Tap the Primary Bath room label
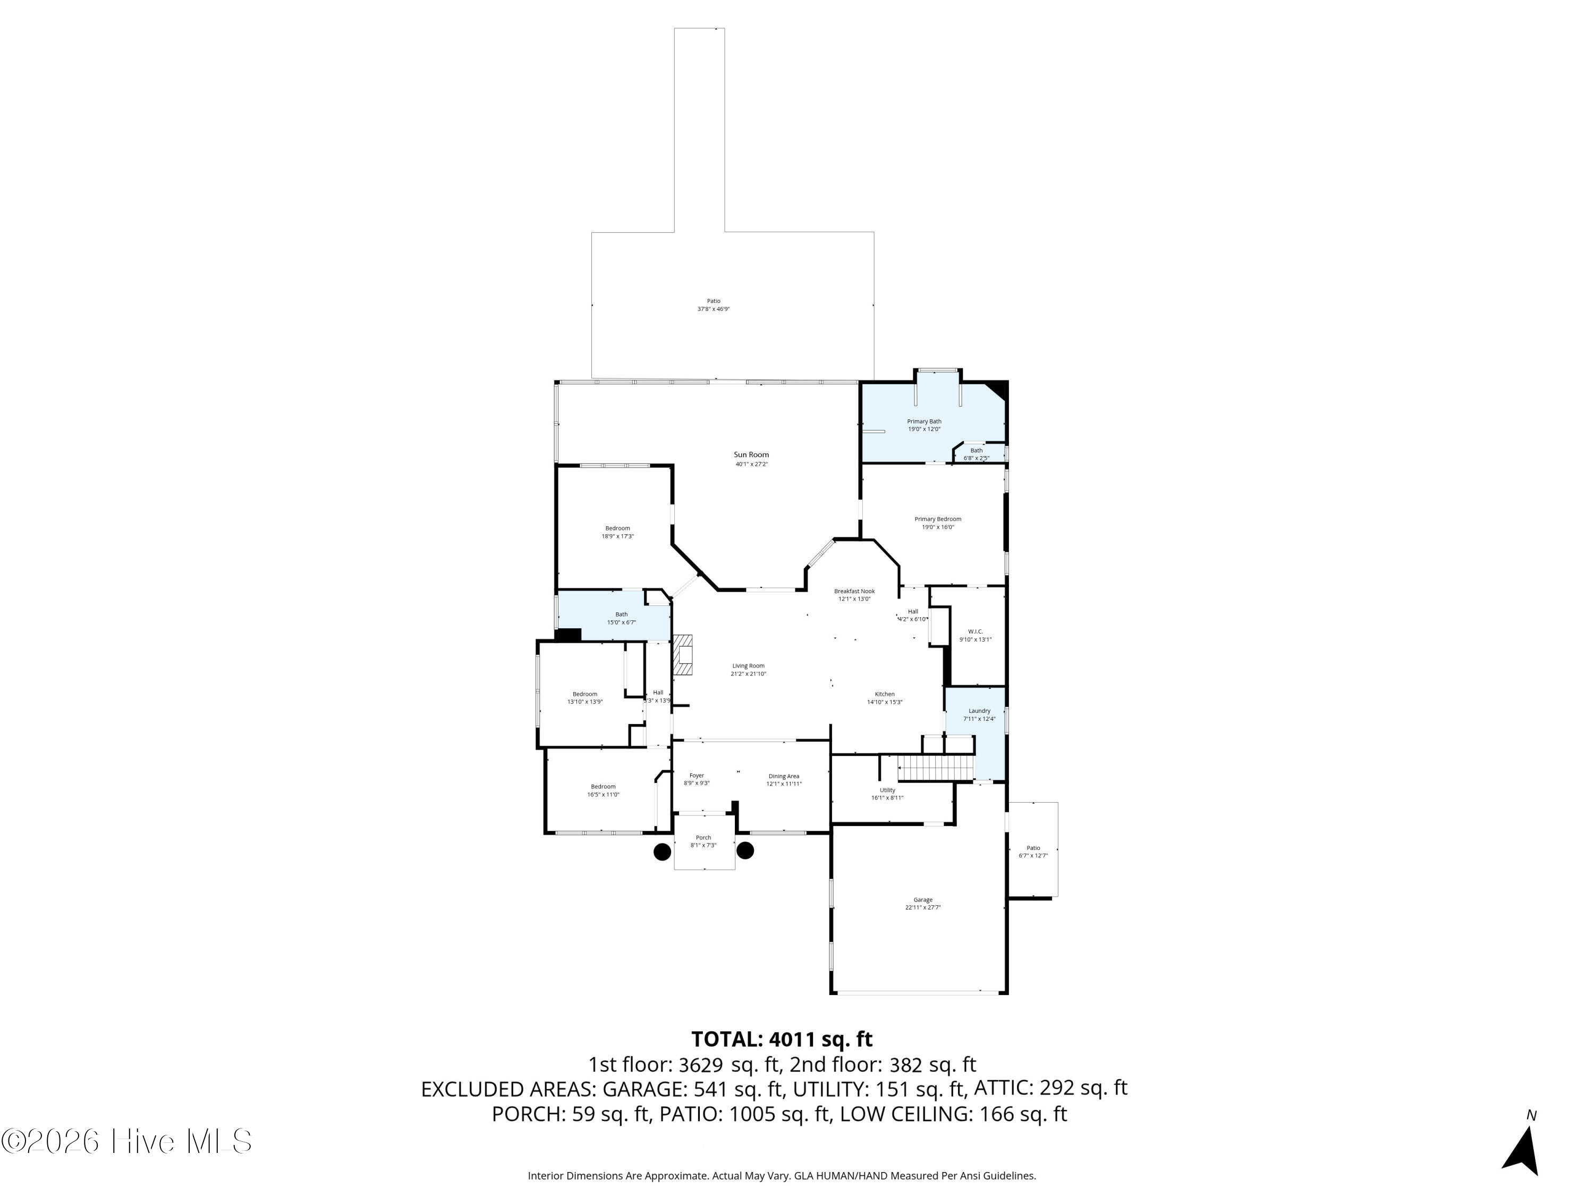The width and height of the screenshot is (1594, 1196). pyautogui.click(x=924, y=422)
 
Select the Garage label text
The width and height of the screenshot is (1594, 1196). pyautogui.click(x=923, y=900)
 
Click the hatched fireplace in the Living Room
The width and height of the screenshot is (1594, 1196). pyautogui.click(x=683, y=655)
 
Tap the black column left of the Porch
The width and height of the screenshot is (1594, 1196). pyautogui.click(x=662, y=852)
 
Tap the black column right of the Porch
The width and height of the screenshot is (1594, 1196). pyautogui.click(x=745, y=850)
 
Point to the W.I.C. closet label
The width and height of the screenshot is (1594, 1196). pyautogui.click(x=975, y=631)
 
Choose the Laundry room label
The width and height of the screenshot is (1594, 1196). pyautogui.click(x=979, y=711)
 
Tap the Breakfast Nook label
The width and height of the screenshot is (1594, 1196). pyautogui.click(x=854, y=591)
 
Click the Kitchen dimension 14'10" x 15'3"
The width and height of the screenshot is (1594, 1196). pyautogui.click(x=884, y=702)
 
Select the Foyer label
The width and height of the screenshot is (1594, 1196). pyautogui.click(x=696, y=776)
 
